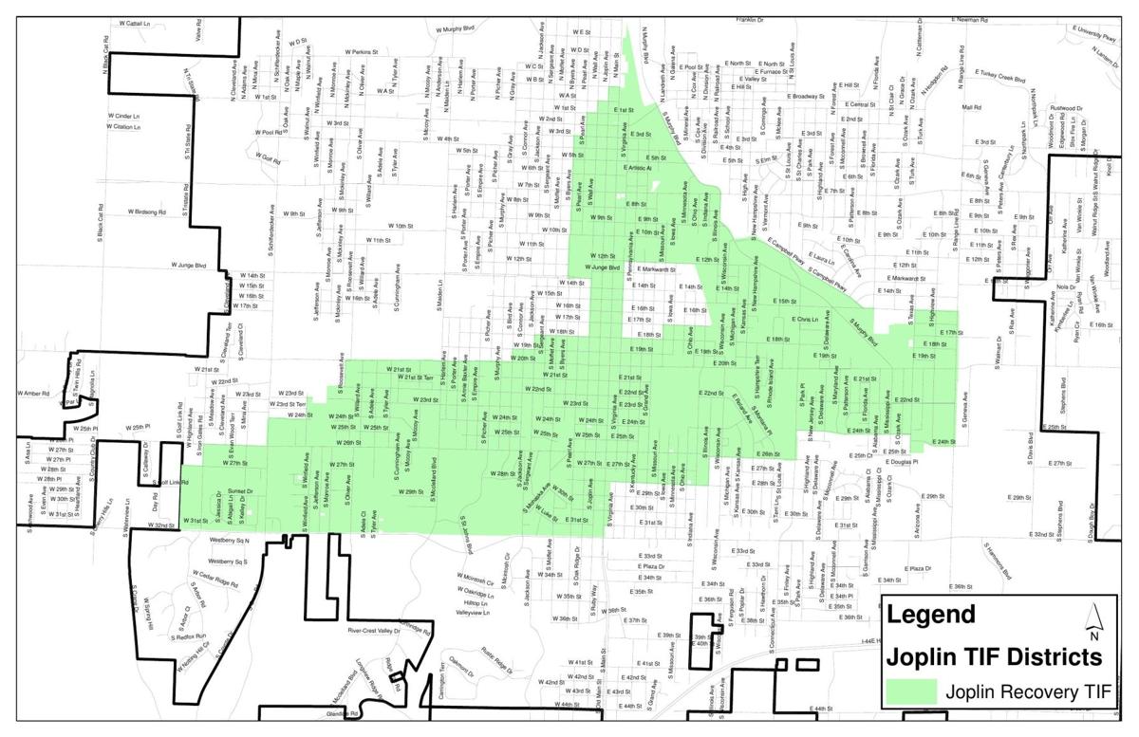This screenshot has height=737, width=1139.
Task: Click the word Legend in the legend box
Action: click(x=930, y=615)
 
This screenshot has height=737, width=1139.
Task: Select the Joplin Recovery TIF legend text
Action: click(x=1028, y=692)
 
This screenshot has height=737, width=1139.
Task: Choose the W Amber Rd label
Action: click(x=34, y=393)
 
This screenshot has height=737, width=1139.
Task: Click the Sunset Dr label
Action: click(x=240, y=491)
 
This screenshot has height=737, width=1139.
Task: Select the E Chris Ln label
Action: click(x=799, y=320)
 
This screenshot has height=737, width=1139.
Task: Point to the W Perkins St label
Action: click(x=360, y=51)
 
